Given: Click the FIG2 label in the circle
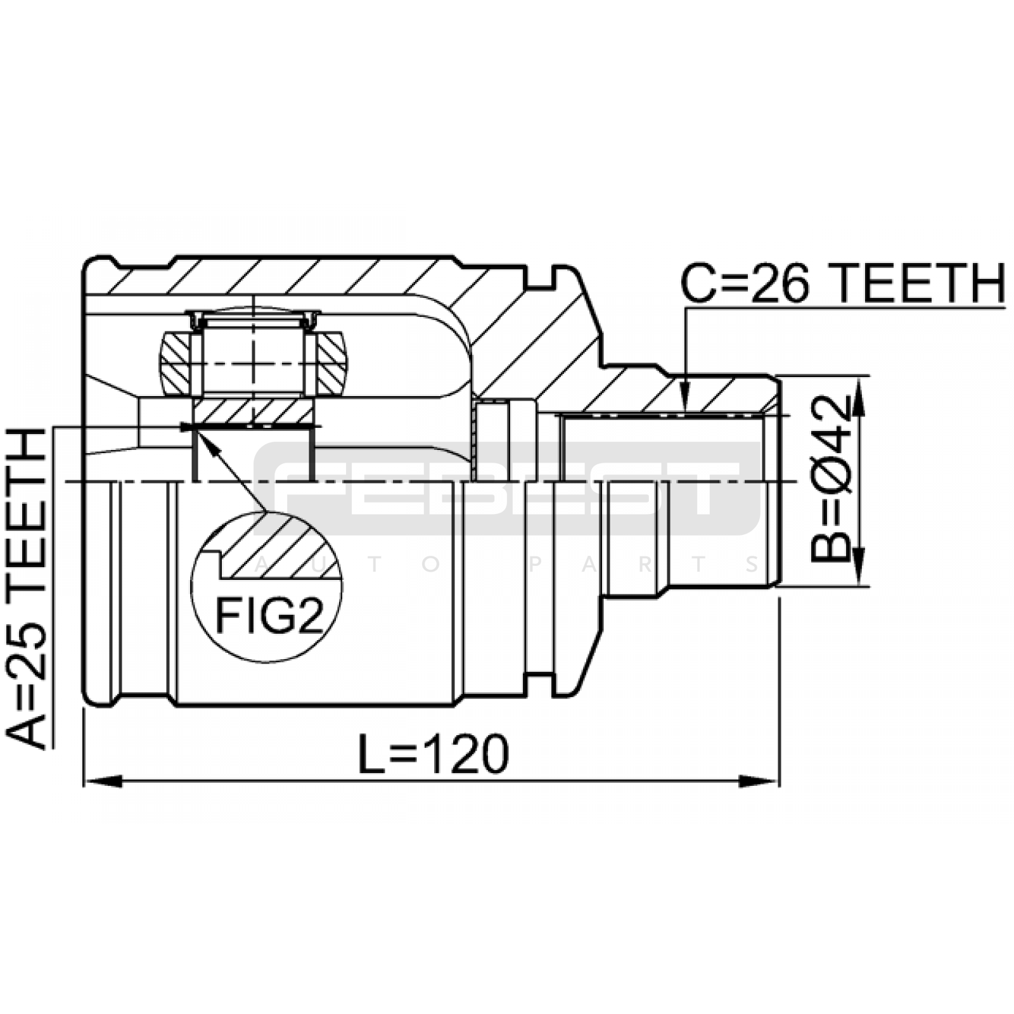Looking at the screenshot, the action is pos(270,616).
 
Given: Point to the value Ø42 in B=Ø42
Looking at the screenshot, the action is pos(830,449).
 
